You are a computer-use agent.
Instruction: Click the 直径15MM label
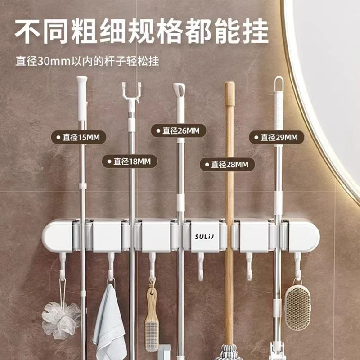[78, 137]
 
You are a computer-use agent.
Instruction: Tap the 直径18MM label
[130, 162]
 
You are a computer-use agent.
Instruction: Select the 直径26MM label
[179, 130]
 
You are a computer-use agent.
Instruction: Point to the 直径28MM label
[227, 164]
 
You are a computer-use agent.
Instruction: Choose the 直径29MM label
[277, 137]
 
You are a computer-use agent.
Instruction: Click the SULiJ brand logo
[204, 237]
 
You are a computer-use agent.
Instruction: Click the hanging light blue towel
[109, 321]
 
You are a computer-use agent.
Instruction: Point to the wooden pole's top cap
[230, 94]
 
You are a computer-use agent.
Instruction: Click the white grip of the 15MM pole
[82, 98]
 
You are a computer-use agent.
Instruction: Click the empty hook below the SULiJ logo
[201, 267]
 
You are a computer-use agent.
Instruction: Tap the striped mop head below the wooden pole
[229, 352]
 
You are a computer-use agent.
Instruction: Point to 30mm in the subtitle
[54, 61]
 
